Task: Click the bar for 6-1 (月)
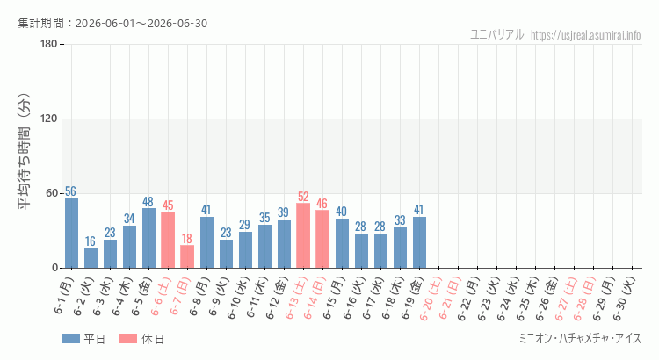[71, 234]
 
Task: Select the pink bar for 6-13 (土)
[303, 235]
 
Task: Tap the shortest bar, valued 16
[91, 258]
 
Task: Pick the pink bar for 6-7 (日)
[187, 256]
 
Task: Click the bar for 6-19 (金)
[419, 242]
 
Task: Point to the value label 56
[70, 191]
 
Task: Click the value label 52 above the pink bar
[303, 197]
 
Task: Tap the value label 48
[148, 202]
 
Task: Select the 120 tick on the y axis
[49, 119]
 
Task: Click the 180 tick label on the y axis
[49, 44]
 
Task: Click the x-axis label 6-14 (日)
[315, 298]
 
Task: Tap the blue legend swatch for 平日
[70, 339]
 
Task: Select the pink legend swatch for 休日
[127, 339]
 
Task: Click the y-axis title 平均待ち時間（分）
[24, 152]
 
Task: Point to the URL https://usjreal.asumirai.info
[586, 35]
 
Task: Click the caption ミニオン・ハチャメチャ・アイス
[581, 339]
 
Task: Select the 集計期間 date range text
[112, 23]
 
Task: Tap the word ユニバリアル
[497, 34]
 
